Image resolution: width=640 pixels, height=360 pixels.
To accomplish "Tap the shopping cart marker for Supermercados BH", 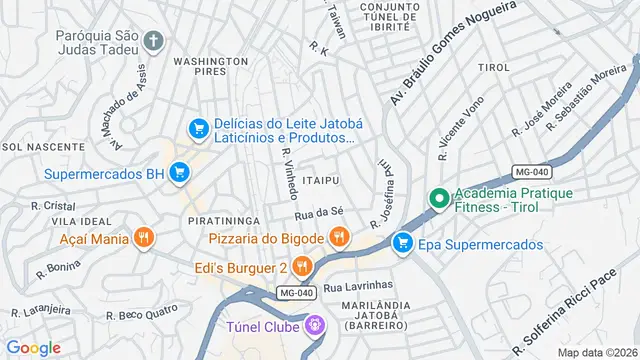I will (x=179, y=174).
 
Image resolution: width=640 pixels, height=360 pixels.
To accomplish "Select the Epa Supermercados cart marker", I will (x=403, y=243).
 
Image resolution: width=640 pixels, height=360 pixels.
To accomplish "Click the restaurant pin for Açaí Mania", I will (x=145, y=238).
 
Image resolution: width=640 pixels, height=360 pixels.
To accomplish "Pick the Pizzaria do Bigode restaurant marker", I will (x=339, y=237).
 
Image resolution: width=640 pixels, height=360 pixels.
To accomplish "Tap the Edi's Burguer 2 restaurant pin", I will (x=303, y=267).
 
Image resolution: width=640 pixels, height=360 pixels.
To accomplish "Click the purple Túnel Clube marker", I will (x=315, y=325).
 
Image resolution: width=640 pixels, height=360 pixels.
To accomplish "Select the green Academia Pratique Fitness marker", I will (x=438, y=200).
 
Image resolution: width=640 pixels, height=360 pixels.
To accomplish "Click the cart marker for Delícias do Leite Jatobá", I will (x=198, y=129).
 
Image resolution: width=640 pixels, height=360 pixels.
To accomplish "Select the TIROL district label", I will (x=494, y=66).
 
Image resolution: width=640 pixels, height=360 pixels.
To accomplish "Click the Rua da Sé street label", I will (x=319, y=213).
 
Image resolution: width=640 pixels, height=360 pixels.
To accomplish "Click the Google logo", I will (x=34, y=347).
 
